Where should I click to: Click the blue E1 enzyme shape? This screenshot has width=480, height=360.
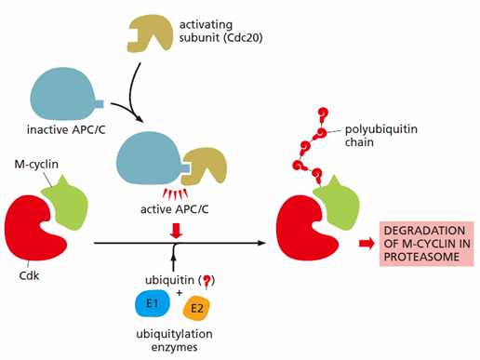click(x=153, y=303)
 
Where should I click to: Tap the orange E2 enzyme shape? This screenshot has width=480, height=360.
click(x=196, y=308)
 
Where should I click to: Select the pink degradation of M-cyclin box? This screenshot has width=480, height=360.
click(x=427, y=244)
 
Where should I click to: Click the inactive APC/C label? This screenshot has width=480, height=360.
click(x=66, y=129)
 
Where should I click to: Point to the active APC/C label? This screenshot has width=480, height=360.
click(x=175, y=209)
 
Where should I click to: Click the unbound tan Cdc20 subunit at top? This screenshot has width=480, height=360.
click(x=150, y=33)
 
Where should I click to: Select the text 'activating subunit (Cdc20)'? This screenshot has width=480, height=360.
click(x=220, y=31)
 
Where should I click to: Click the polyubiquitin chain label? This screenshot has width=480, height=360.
click(x=381, y=136)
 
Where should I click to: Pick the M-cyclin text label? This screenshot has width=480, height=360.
click(x=36, y=164)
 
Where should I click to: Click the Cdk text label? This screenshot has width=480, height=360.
click(x=29, y=275)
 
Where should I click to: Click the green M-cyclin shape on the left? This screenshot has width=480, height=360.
click(x=66, y=205)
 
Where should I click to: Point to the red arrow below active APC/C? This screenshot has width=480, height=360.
click(x=176, y=231)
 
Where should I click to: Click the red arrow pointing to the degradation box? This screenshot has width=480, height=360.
click(x=367, y=244)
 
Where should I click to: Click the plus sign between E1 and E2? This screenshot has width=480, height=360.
click(x=179, y=293)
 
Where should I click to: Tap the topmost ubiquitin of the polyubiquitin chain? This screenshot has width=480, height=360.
click(x=323, y=114)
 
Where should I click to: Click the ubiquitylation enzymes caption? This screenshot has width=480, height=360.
click(x=175, y=340)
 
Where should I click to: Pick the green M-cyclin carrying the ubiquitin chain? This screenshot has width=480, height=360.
click(x=337, y=204)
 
